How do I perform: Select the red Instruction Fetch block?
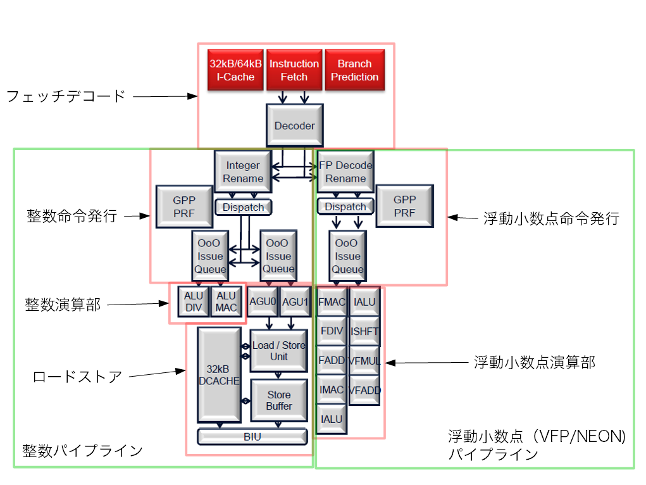294,70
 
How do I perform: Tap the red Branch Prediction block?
354,70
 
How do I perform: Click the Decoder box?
294,126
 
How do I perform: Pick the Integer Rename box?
243,172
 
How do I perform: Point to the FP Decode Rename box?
345,172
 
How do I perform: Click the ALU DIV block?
192,301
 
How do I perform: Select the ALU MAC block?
226,301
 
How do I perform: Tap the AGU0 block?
262,303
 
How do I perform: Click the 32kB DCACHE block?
219,375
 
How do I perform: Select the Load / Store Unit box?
278,351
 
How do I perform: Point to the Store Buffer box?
279,400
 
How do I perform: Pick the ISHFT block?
364,331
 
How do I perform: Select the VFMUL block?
364,361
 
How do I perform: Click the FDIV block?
332,331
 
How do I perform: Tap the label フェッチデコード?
66,96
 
